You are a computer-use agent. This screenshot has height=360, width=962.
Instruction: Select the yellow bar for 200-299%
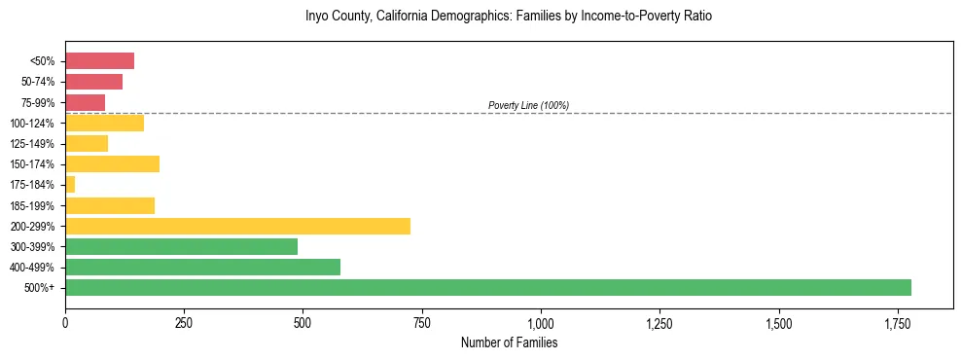pyautogui.click(x=237, y=226)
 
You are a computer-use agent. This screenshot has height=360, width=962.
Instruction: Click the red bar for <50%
pyautogui.click(x=99, y=61)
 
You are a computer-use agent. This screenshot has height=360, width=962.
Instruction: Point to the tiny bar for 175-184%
pyautogui.click(x=70, y=184)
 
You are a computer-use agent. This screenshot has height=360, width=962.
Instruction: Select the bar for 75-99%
pyautogui.click(x=85, y=102)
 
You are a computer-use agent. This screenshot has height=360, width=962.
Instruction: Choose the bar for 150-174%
pyautogui.click(x=112, y=163)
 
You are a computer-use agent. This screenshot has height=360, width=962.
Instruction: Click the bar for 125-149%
pyautogui.click(x=87, y=143)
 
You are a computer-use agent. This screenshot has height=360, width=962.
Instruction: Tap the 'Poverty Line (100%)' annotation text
pyautogui.click(x=528, y=105)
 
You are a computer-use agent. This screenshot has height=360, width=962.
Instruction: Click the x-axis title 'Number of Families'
pyautogui.click(x=509, y=342)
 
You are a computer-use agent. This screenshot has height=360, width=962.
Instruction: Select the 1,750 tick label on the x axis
pyautogui.click(x=898, y=323)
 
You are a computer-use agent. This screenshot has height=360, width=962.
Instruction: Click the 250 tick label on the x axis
pyautogui.click(x=184, y=323)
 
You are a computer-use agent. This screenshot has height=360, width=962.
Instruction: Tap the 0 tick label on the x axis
pyautogui.click(x=65, y=323)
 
